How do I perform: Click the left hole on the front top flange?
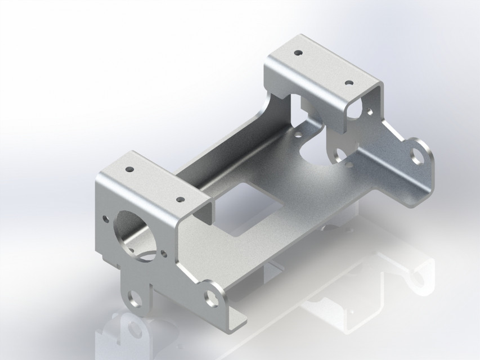[129, 169]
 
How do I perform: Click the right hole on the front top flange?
[180, 200]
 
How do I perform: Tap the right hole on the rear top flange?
[349, 83]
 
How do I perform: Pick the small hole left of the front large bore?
[105, 217]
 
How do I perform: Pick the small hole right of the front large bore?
[164, 254]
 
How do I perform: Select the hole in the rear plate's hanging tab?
[340, 156]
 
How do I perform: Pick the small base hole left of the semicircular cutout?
[297, 135]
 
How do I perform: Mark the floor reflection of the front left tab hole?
[134, 328]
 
